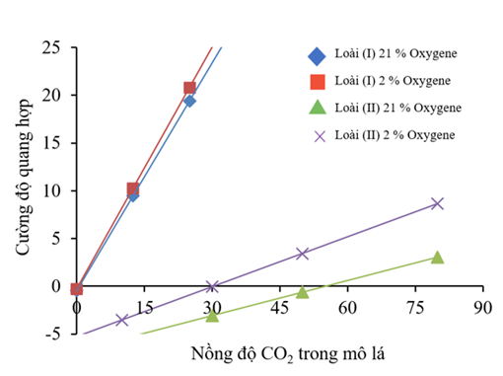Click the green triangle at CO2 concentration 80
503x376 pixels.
click(x=437, y=258)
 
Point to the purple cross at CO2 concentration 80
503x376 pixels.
click(x=437, y=203)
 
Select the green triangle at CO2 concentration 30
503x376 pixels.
click(x=212, y=315)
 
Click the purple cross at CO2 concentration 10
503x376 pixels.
click(x=122, y=320)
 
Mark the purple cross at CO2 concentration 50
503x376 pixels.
click(x=302, y=254)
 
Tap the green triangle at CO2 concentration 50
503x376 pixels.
click(x=302, y=292)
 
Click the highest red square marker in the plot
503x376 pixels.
click(x=189, y=88)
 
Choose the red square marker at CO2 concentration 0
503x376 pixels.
click(x=77, y=288)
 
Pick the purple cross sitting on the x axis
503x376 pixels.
click(x=212, y=287)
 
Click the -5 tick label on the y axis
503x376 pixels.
click(x=55, y=334)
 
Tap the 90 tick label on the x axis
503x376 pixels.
click(x=481, y=307)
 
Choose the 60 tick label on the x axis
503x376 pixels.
click(x=347, y=307)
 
